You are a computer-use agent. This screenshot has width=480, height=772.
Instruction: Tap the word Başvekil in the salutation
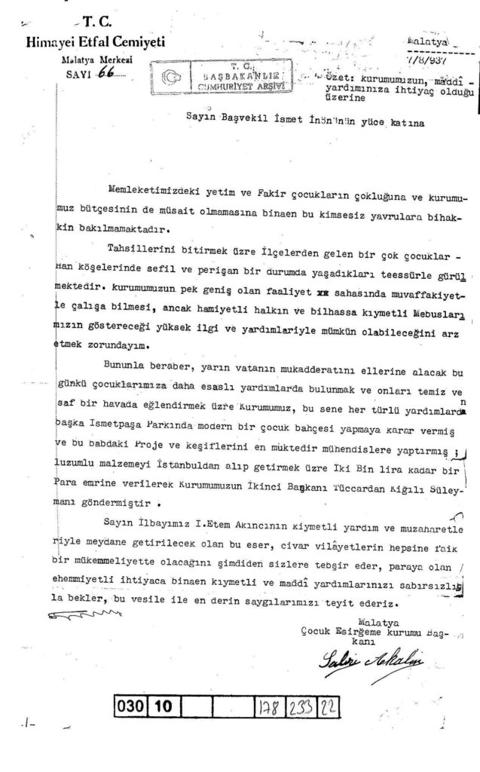(x=224, y=118)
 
